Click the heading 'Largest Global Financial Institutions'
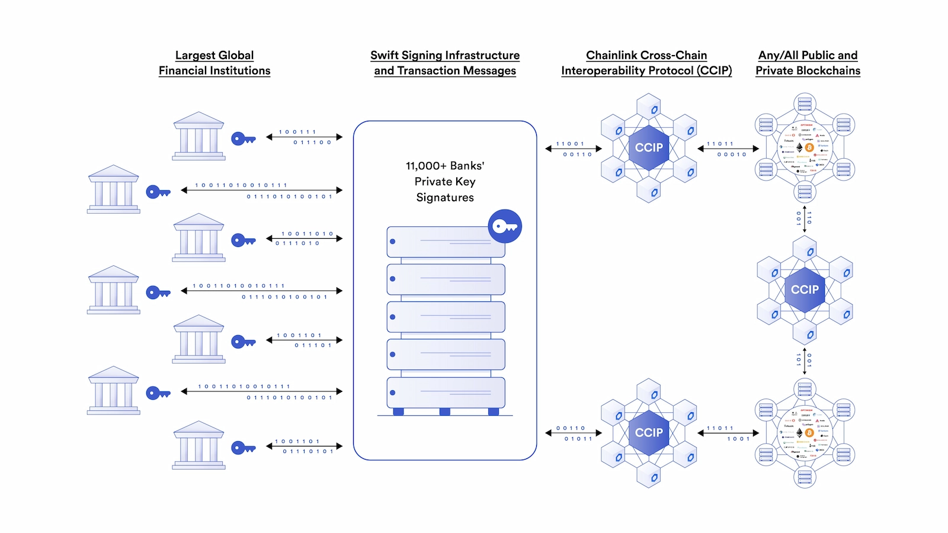[x=214, y=63]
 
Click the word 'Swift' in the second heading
[x=385, y=55]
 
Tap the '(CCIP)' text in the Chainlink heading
[x=714, y=70]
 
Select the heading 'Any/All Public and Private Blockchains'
[x=808, y=63]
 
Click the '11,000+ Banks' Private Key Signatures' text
[x=445, y=181]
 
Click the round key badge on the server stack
[x=505, y=226]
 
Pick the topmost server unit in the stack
[x=446, y=242]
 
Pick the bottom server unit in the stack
[x=446, y=393]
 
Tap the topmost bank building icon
[x=198, y=136]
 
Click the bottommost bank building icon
[x=198, y=445]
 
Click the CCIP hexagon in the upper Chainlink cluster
[x=649, y=147]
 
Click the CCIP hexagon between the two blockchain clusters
[x=805, y=290]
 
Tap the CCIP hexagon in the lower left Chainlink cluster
[x=649, y=433]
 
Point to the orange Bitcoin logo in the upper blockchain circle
[x=809, y=147]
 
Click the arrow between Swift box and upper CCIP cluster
[x=573, y=149]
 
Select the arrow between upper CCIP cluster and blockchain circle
[x=728, y=149]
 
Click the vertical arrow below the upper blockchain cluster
[x=804, y=219]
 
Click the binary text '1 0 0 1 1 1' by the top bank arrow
[x=297, y=132]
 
